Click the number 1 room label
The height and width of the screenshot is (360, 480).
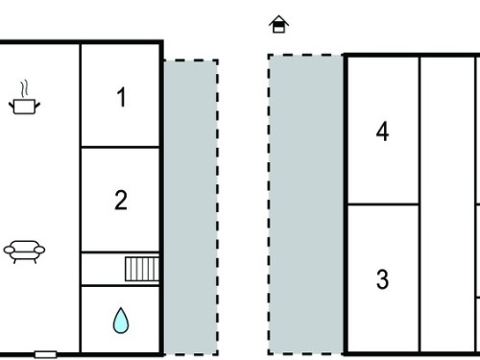point(121,97)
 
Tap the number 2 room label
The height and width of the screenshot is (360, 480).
point(121,200)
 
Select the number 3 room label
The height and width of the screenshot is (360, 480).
point(382,279)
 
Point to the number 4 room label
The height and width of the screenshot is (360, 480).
point(382,132)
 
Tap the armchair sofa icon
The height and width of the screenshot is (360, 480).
point(24,252)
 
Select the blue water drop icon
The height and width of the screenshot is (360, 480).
point(121,321)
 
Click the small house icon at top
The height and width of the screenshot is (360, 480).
point(278,24)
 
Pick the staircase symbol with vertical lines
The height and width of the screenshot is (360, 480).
point(142,269)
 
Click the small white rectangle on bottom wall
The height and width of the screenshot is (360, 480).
point(46,354)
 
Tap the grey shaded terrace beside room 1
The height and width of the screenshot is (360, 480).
point(191,207)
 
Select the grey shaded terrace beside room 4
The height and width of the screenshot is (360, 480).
point(305,204)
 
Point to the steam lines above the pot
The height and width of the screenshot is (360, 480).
point(24,89)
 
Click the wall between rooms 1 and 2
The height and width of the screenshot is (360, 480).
point(120,147)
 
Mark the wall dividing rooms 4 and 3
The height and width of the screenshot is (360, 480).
point(383,204)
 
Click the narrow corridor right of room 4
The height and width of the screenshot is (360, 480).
point(447,204)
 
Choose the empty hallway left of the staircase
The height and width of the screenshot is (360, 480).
point(103,269)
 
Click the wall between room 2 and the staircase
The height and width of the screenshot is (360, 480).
point(120,252)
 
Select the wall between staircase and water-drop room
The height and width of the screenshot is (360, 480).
point(120,285)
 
